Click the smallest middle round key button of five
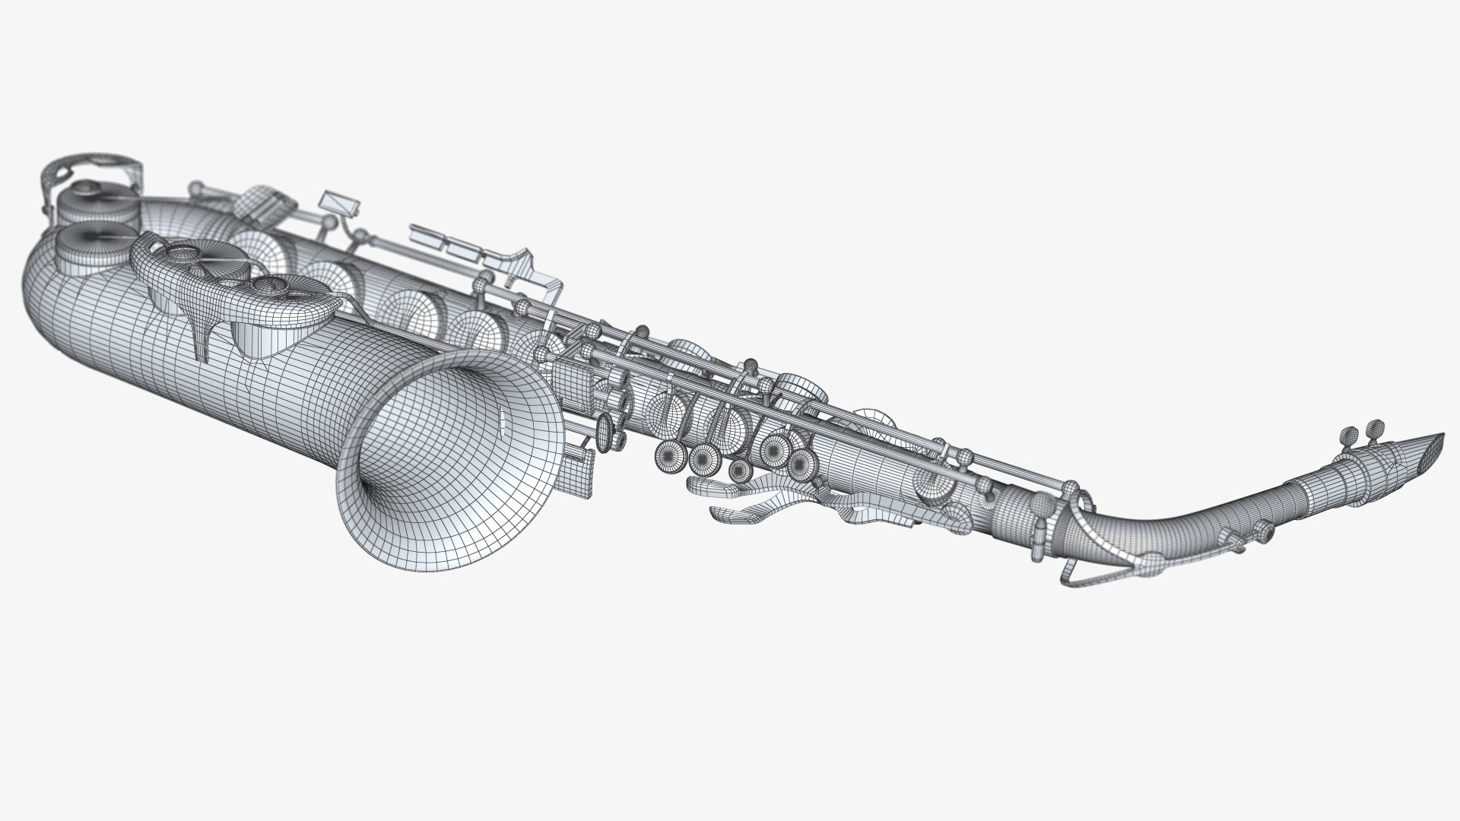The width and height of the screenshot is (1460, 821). point(739,471)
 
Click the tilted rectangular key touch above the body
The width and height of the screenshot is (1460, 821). point(339,203)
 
